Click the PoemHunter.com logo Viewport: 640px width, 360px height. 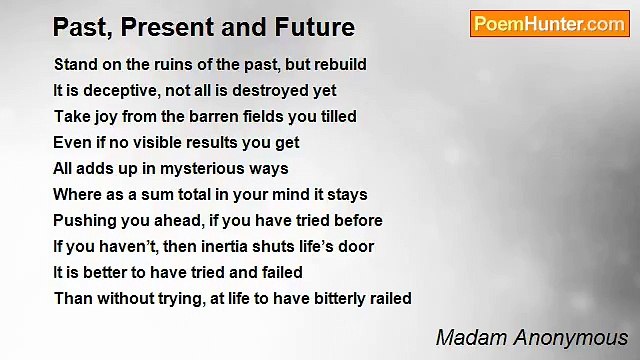549,24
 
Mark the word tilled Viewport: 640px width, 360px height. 334,116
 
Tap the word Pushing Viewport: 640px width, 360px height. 84,220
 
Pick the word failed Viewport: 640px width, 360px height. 281,272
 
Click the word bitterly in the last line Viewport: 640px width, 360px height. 338,298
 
